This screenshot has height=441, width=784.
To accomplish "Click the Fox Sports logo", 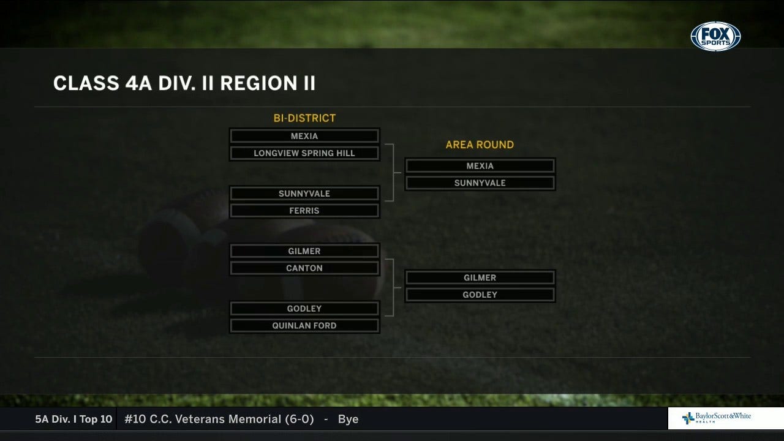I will [715, 37].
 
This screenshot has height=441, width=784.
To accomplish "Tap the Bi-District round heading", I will [304, 118].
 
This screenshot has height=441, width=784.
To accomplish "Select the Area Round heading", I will [480, 145].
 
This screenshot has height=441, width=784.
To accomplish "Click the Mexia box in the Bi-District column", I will [304, 136].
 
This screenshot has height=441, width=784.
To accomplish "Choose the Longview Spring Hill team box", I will [304, 153].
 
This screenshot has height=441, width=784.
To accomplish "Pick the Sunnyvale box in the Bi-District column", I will [304, 194].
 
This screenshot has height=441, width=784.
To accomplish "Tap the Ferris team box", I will [304, 211].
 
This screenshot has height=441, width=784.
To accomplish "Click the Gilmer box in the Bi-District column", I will [304, 251].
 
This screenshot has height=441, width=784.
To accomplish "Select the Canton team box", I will [304, 268].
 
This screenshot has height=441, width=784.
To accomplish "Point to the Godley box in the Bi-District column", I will [304, 309].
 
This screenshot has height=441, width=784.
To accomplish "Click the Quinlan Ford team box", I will [304, 326].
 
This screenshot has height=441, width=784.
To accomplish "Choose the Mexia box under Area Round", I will [480, 166].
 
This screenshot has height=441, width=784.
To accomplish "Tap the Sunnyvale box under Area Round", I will [480, 183].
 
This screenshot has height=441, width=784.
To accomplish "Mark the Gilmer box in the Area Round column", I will [480, 278].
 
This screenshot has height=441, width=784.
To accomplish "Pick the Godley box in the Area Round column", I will [480, 295].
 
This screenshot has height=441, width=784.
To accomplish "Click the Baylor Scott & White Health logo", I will [716, 418].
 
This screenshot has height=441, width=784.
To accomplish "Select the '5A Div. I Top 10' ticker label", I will [73, 420].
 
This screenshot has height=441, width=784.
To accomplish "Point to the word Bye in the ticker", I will [348, 420].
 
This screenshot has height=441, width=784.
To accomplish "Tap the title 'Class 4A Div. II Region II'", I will [184, 83].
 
